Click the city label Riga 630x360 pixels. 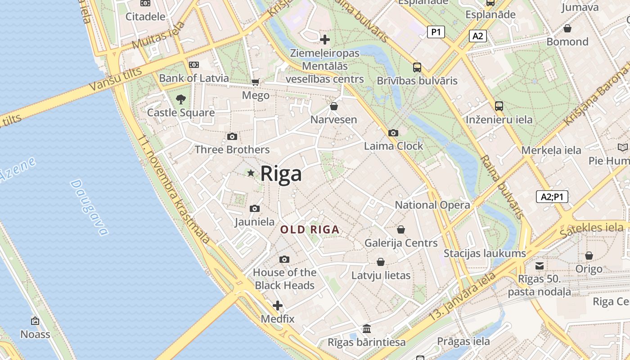(281, 173)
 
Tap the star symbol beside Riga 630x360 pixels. (251, 173)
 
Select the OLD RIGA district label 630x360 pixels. (310, 229)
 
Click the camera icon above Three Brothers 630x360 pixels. (232, 136)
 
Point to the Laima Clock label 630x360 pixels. (393, 146)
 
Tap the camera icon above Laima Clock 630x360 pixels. (393, 133)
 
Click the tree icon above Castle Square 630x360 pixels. (181, 99)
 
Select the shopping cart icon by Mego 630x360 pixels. (256, 82)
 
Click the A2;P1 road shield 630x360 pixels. (552, 197)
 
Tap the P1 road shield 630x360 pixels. (436, 31)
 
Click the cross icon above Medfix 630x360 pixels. (278, 306)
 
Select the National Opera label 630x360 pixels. (432, 205)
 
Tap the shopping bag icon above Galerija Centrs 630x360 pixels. (401, 229)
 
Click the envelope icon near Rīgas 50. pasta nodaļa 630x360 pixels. (540, 265)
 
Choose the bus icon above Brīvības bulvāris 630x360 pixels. (417, 67)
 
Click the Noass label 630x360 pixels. (35, 334)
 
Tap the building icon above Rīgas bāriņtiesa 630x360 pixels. (367, 328)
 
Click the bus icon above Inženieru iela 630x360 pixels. (499, 106)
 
